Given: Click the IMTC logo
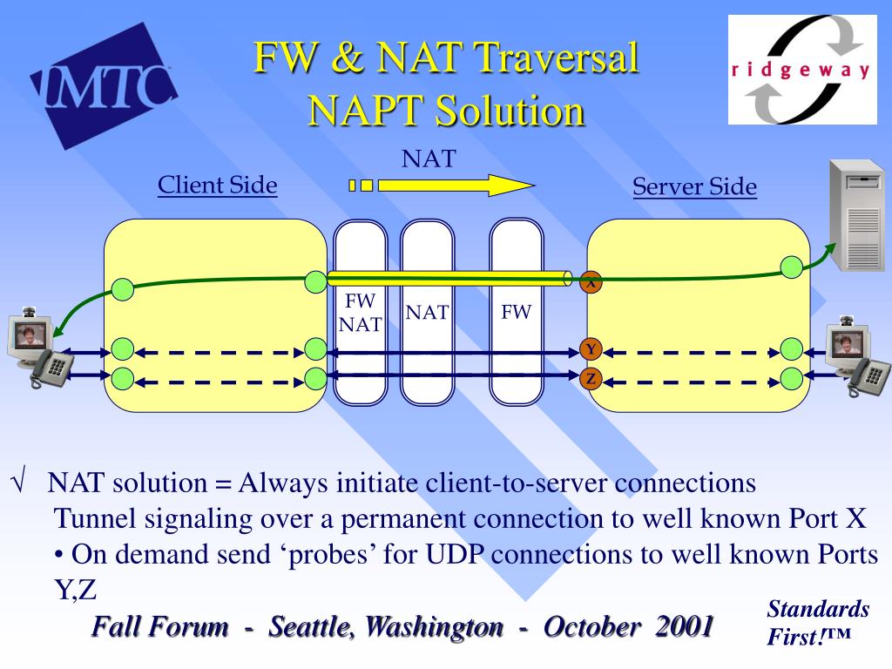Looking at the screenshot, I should coord(103,87).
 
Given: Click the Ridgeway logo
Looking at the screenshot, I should coord(801,70).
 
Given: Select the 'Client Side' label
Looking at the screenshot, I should coord(217,185).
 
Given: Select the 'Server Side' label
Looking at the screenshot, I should coord(694,187).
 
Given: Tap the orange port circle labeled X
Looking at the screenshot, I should coord(591,282).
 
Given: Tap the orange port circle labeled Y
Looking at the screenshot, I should coord(591,350).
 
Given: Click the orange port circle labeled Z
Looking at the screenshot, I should coord(591,379).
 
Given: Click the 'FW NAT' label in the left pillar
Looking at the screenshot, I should coord(360,313).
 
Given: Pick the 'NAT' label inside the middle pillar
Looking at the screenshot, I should coord(427,313).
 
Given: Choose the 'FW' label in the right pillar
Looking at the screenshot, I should coord(516,312).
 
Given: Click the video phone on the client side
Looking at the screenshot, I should coord(37,347).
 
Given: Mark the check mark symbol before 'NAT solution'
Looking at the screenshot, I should coord(18,483).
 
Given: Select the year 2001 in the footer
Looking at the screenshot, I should coord(685,626).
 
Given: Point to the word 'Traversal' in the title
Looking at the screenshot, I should coord(557,59).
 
